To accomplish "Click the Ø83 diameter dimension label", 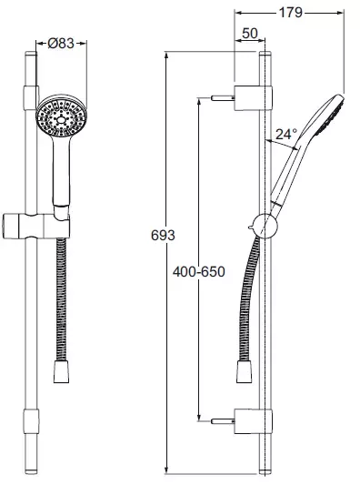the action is pyautogui.click(x=61, y=43).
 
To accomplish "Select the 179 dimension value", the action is pyautogui.click(x=291, y=13).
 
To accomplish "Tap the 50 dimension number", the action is pyautogui.click(x=250, y=33).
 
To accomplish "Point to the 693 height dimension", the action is pyautogui.click(x=163, y=236).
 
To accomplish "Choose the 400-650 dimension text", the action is pyautogui.click(x=199, y=272).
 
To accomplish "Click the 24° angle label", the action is pyautogui.click(x=286, y=135).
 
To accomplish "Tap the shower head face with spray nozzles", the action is pyautogui.click(x=62, y=116).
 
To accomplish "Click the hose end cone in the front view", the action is pyautogui.click(x=61, y=371).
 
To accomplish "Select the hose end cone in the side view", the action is pyautogui.click(x=245, y=371).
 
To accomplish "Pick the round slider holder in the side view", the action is pyautogui.click(x=265, y=226).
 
